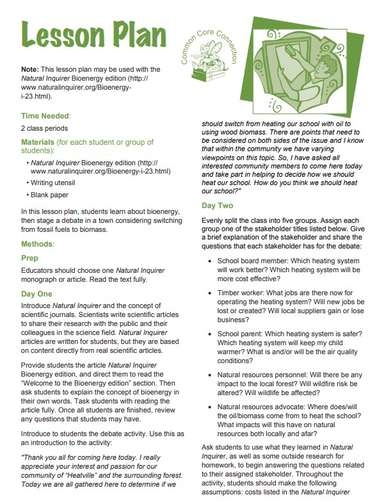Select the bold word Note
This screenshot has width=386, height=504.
pyautogui.click(x=30, y=69)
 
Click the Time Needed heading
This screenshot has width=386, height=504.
pyautogui.click(x=45, y=115)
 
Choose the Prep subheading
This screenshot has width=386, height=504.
pyautogui.click(x=30, y=258)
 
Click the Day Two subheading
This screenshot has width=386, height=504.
pyautogui.click(x=218, y=206)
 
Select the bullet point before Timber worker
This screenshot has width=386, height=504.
pyautogui.click(x=211, y=292)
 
